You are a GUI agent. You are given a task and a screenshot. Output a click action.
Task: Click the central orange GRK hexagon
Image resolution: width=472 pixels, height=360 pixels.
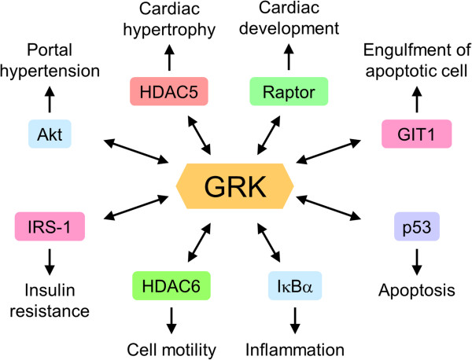(x=234, y=186)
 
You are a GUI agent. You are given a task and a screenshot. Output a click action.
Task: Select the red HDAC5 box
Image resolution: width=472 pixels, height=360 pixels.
(x=169, y=91)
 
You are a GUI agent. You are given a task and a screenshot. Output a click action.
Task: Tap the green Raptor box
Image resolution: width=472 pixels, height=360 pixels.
(x=289, y=91)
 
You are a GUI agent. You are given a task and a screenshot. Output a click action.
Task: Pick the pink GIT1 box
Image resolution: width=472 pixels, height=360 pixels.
(x=417, y=134)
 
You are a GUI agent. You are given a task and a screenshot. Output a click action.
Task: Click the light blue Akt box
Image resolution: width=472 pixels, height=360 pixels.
(x=50, y=134)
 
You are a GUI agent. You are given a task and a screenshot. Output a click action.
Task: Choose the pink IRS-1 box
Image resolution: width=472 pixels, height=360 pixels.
(x=50, y=226)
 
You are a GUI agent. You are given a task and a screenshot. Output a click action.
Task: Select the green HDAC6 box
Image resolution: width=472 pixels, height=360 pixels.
(x=171, y=285)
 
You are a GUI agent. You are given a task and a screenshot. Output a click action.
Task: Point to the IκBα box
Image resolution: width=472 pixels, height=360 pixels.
(x=295, y=285)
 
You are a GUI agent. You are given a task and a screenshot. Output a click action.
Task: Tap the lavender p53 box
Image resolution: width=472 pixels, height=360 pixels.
(x=417, y=226)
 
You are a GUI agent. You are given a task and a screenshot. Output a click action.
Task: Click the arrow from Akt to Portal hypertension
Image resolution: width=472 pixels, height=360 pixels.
(x=50, y=100)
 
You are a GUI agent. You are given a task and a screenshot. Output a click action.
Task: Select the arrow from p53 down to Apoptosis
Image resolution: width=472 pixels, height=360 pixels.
(x=417, y=262)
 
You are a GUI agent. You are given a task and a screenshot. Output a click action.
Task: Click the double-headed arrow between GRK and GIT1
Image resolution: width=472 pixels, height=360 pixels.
(x=328, y=151)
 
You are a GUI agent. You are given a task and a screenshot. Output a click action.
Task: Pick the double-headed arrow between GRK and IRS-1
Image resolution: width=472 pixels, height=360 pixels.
(x=136, y=208)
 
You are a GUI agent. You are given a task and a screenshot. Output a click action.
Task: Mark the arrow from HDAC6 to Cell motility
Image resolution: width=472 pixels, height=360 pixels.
(x=171, y=320)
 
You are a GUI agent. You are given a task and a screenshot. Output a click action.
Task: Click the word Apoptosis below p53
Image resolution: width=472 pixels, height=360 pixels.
(x=417, y=291)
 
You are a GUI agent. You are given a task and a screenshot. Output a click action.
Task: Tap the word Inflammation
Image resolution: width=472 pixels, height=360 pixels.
(x=295, y=350)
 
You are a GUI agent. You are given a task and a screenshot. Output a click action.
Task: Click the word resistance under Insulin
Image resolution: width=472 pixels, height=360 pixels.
(x=50, y=311)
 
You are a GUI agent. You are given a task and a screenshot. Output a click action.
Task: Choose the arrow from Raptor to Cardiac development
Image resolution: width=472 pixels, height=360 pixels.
(x=289, y=57)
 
